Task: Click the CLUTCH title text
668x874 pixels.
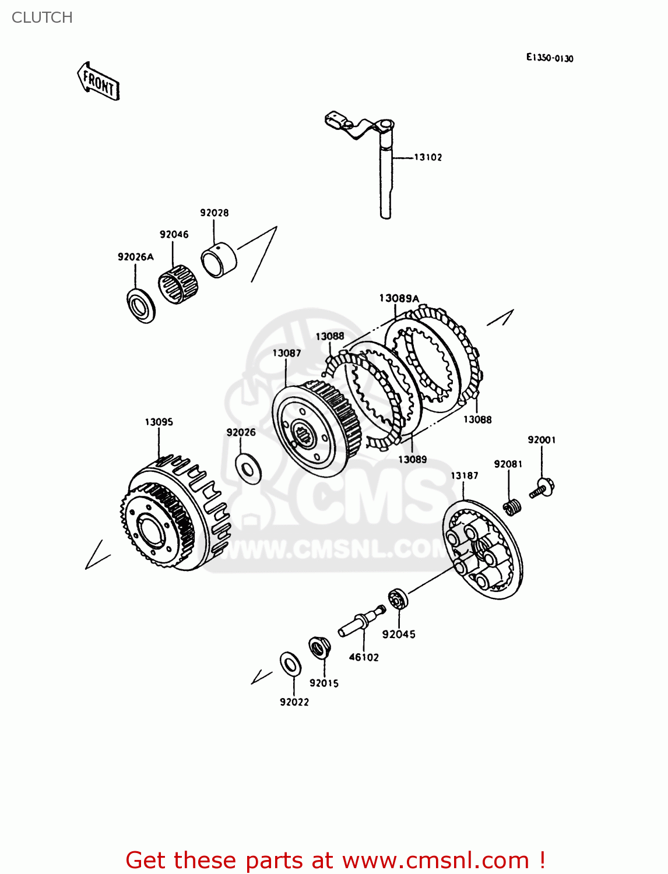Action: [42, 17]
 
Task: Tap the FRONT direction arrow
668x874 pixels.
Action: [99, 82]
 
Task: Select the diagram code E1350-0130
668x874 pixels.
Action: [549, 58]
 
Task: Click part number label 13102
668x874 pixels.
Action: [428, 157]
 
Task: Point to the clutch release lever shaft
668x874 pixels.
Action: [385, 175]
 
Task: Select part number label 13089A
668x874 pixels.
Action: [399, 298]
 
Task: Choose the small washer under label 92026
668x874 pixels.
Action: [248, 468]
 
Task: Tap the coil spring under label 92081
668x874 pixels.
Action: [512, 507]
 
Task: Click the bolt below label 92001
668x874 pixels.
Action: [542, 488]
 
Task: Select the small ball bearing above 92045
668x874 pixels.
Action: [398, 599]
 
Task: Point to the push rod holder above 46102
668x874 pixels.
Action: [361, 621]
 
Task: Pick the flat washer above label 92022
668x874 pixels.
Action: [290, 664]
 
